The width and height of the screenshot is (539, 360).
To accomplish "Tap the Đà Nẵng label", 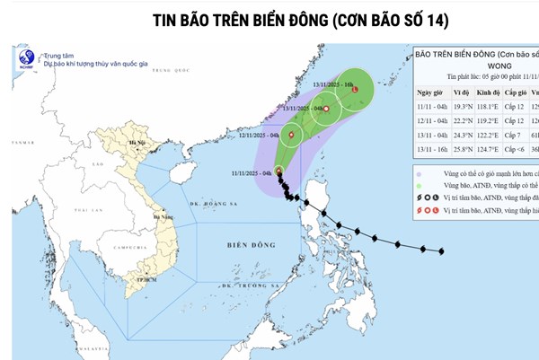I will coord(163,216).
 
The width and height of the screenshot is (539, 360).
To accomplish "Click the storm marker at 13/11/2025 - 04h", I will coord(326,110).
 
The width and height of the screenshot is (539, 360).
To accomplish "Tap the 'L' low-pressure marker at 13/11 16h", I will coord(355,91).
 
